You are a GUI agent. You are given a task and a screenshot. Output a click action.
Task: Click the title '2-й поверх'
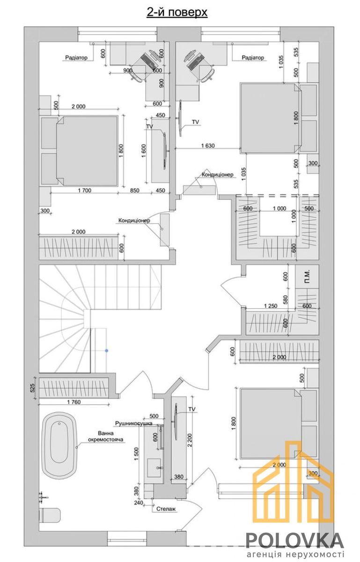click(177, 12)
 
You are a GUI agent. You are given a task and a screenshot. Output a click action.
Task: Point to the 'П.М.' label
click(308, 276)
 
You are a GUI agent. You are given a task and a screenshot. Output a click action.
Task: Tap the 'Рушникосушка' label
click(134, 423)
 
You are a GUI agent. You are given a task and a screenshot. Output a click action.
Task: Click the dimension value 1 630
click(208, 145)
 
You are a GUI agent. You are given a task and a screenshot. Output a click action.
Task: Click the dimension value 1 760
click(74, 402)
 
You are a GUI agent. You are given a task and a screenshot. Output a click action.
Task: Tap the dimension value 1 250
click(271, 306)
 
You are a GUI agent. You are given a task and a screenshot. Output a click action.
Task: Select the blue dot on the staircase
click(107, 350)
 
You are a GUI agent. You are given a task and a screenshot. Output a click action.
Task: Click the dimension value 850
click(135, 191)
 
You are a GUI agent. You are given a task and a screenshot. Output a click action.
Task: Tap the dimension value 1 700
click(85, 191)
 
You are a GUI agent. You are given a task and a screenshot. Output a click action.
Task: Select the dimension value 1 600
click(144, 150)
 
